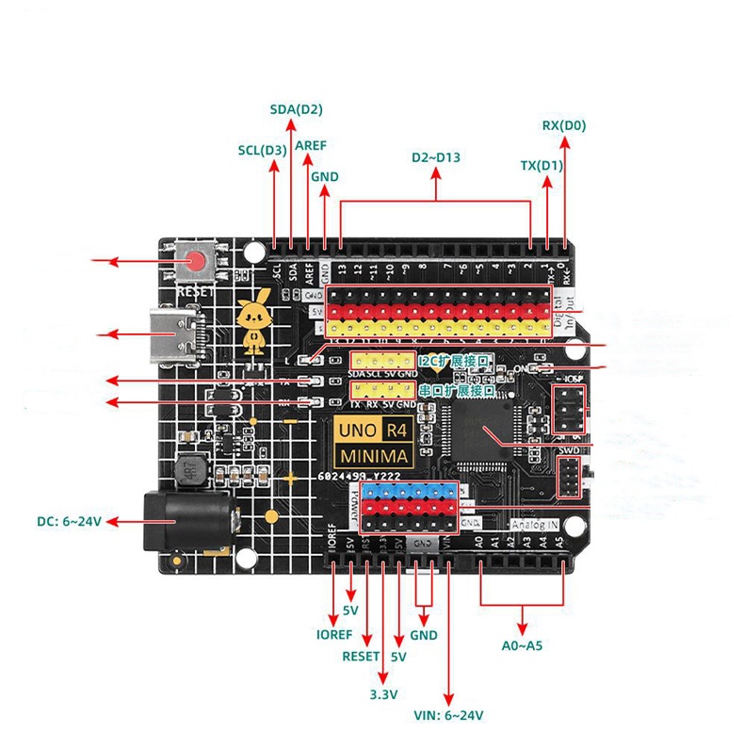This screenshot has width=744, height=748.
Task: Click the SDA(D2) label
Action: pyautogui.click(x=296, y=109)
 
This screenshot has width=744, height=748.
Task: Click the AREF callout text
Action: pyautogui.click(x=311, y=147)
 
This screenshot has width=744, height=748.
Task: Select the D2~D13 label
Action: pyautogui.click(x=436, y=157)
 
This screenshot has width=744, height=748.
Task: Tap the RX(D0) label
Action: pyautogui.click(x=564, y=125)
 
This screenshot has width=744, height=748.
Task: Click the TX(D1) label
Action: pyautogui.click(x=542, y=166)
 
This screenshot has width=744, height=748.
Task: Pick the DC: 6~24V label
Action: pyautogui.click(x=69, y=521)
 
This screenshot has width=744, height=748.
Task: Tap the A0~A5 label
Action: pyautogui.click(x=524, y=646)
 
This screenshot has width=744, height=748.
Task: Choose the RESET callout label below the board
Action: pyautogui.click(x=361, y=656)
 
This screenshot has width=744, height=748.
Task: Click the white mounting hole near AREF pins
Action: pyautogui.click(x=253, y=252)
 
